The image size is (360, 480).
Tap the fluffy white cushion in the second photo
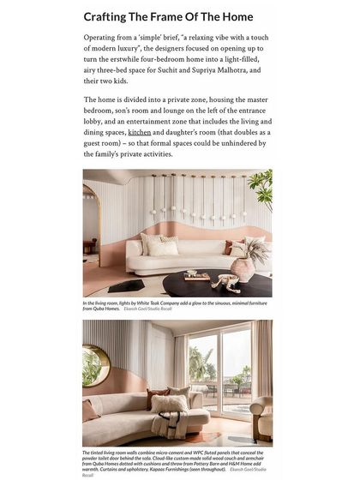(x=170, y=404)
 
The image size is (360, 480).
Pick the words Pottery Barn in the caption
(x=191, y=463)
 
